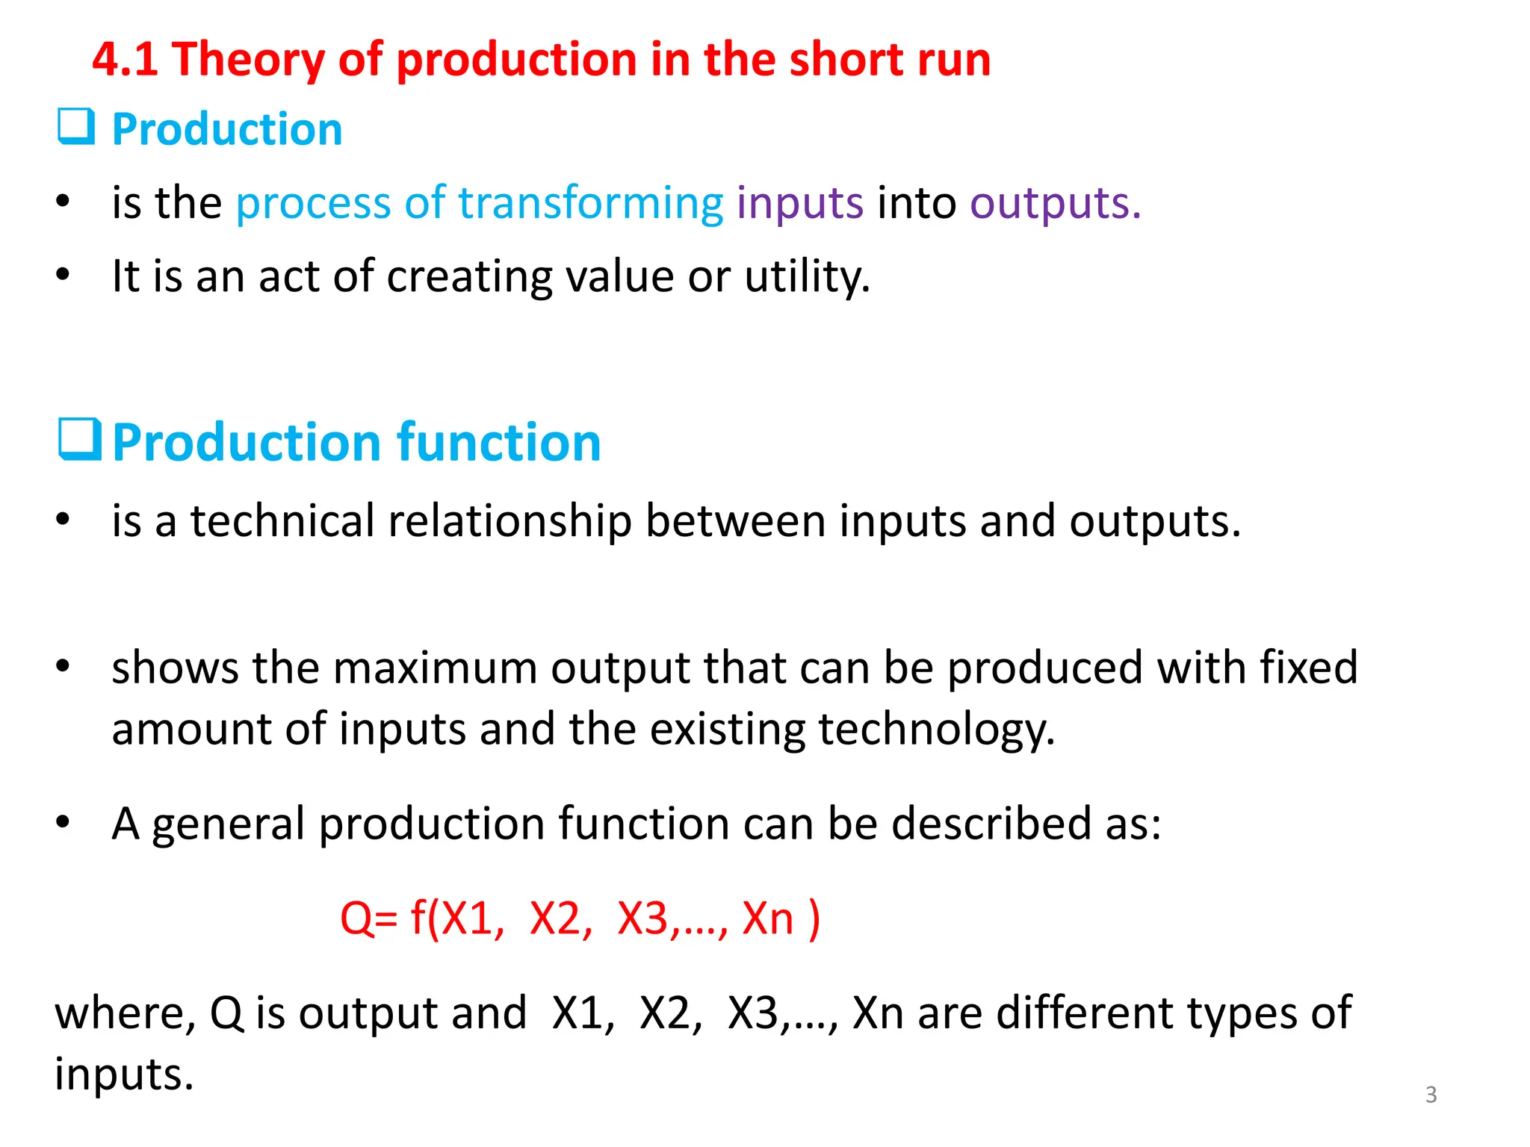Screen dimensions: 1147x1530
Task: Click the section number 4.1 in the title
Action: point(125,59)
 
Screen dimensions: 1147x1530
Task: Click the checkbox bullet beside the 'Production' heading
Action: point(76,126)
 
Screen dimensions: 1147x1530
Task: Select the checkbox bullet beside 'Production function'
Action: point(79,440)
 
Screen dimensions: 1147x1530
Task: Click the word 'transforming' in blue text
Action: point(590,203)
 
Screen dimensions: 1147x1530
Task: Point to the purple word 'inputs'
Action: point(799,203)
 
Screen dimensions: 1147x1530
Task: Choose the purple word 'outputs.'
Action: point(1055,203)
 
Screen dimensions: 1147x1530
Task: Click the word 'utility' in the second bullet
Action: point(807,276)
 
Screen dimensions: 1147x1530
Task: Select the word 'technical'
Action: point(282,520)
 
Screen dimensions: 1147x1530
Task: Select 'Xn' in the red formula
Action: point(767,918)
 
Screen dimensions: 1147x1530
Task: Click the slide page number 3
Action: point(1431,1095)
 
